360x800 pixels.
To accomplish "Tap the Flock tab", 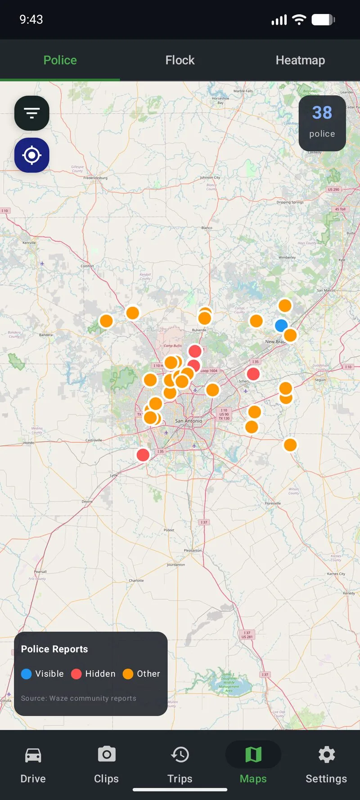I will [180, 60].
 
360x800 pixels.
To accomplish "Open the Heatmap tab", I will [300, 60].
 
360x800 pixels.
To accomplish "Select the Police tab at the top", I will [60, 60].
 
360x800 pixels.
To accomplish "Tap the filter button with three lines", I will [31, 113].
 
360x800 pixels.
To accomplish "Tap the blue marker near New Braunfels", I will [281, 325].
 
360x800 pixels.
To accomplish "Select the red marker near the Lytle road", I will [143, 455].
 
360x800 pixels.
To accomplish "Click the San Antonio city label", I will [189, 421].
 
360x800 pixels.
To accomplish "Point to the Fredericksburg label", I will [95, 178].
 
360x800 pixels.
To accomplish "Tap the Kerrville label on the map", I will [29, 243].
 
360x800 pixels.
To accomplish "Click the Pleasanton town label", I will [193, 550].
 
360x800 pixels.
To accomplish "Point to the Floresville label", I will [273, 503].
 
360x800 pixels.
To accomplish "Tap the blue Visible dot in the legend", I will [27, 674].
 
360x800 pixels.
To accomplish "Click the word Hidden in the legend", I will [100, 674].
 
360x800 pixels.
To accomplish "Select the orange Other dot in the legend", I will [128, 674].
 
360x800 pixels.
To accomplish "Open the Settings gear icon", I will [326, 755].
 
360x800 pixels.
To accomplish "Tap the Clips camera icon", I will [107, 755].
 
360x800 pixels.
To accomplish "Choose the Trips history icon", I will [180, 755].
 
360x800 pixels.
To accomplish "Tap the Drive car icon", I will [33, 755].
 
